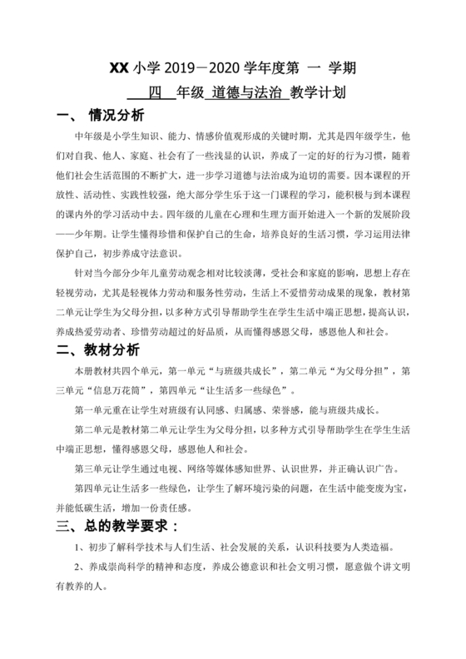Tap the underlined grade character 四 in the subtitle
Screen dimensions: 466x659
(x=154, y=92)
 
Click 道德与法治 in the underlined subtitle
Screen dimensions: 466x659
(x=245, y=92)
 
